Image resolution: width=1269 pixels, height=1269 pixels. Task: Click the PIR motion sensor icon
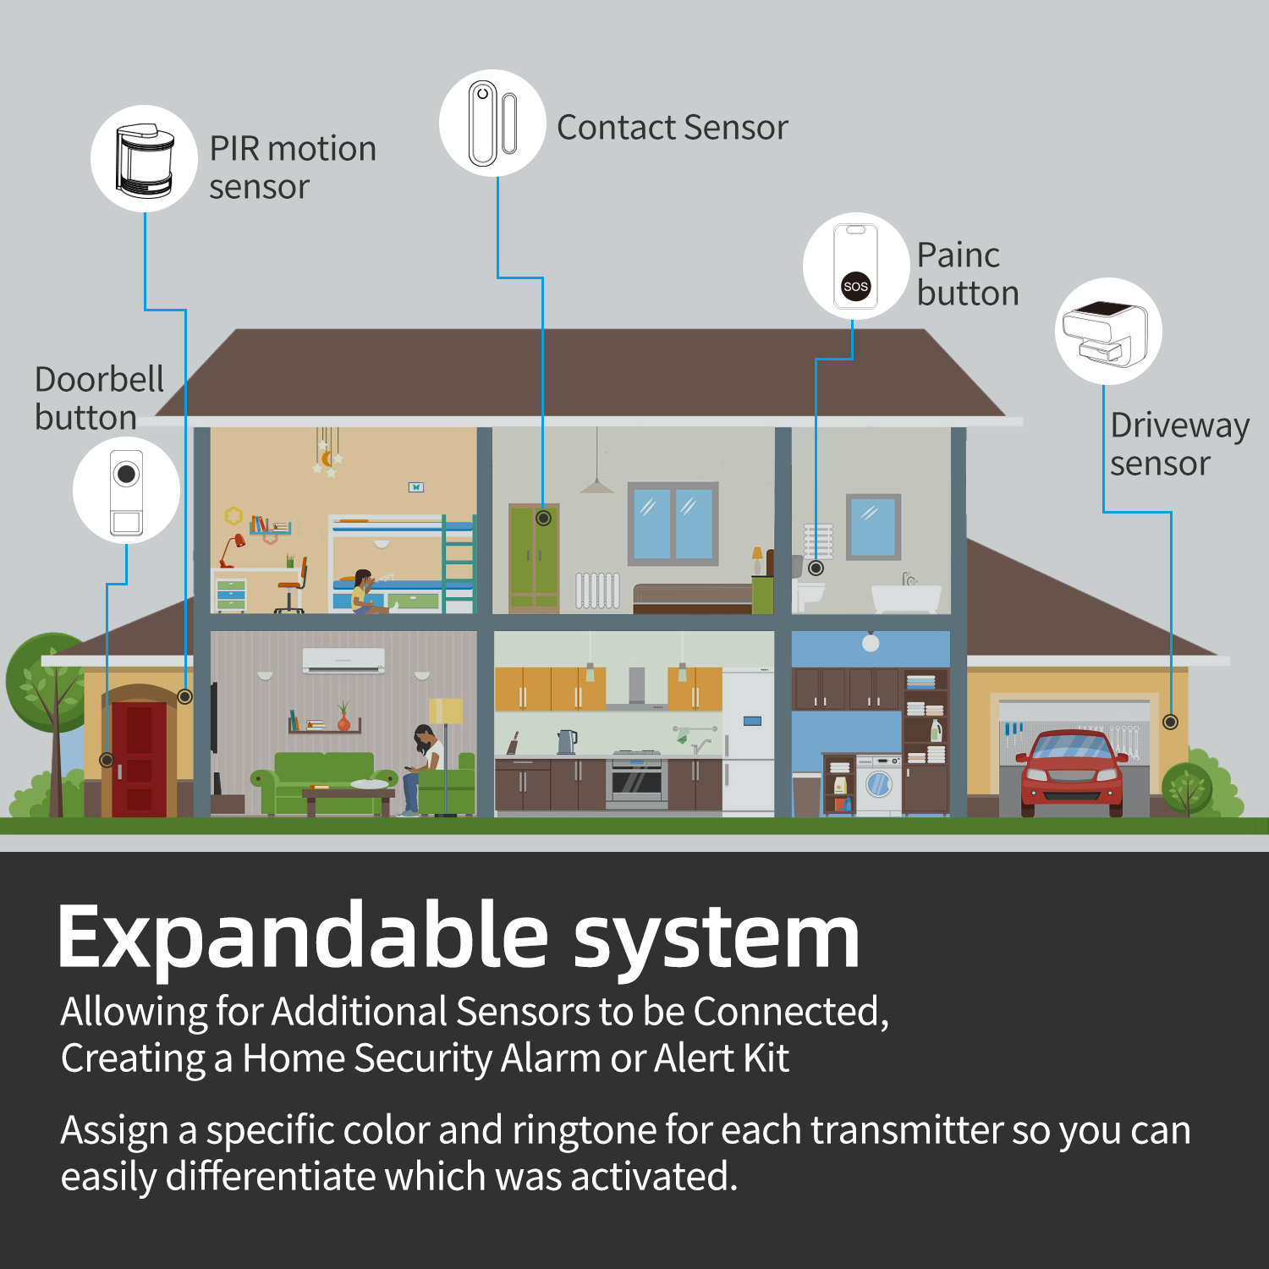pyautogui.click(x=145, y=160)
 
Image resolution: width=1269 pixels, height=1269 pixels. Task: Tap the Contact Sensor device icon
pyautogui.click(x=492, y=124)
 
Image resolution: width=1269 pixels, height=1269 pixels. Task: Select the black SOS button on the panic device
pyautogui.click(x=855, y=286)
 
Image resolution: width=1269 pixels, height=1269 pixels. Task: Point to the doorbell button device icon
pyautogui.click(x=126, y=492)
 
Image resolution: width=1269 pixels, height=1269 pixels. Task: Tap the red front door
pyautogui.click(x=139, y=758)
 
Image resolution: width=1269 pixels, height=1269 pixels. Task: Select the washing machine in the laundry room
pyautogui.click(x=880, y=784)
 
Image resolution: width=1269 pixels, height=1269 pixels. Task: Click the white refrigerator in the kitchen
pyautogui.click(x=749, y=741)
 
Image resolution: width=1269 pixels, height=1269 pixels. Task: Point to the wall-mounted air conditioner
pyautogui.click(x=343, y=661)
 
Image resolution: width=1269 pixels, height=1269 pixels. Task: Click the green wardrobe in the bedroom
pyautogui.click(x=533, y=558)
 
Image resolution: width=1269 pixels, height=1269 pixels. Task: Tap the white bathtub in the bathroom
pyautogui.click(x=906, y=597)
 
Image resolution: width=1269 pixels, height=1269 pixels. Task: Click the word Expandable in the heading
pyautogui.click(x=304, y=938)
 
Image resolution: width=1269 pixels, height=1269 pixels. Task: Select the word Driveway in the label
pyautogui.click(x=1179, y=426)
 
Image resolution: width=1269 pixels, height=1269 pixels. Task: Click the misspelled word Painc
pyautogui.click(x=958, y=255)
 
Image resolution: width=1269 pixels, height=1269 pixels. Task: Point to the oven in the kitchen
pyautogui.click(x=636, y=779)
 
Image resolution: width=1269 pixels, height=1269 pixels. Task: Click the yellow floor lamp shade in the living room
pyautogui.click(x=446, y=711)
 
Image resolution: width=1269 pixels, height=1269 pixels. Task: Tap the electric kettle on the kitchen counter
pyautogui.click(x=566, y=741)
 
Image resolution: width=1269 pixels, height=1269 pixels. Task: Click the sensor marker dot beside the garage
pyautogui.click(x=1170, y=722)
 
